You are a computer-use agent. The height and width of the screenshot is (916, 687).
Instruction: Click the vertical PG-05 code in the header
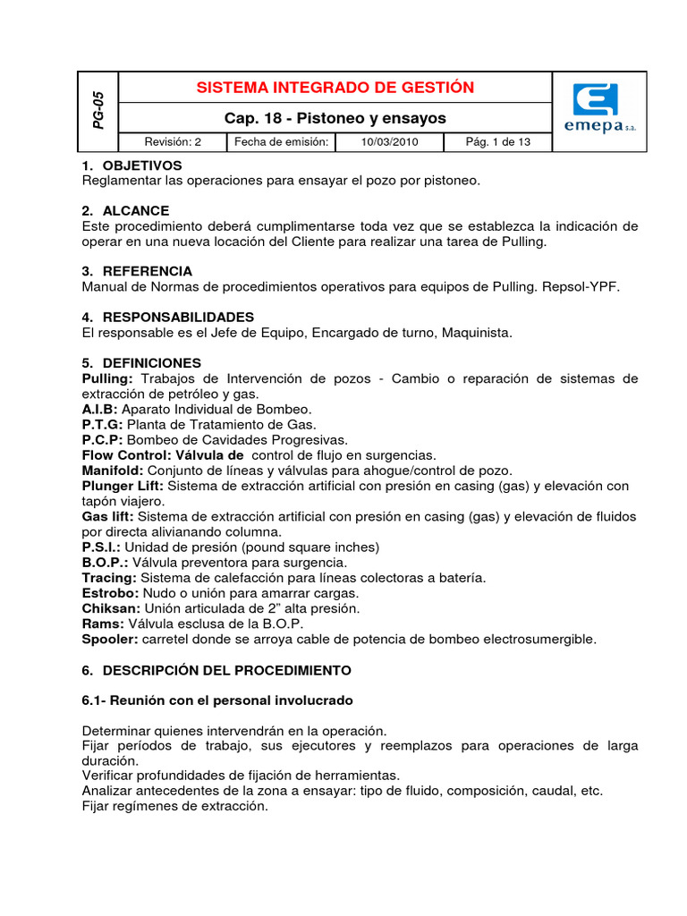99,110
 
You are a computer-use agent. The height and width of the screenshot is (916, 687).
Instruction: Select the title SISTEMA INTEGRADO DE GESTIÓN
335,88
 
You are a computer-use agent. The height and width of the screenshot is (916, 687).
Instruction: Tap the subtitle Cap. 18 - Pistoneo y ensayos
335,118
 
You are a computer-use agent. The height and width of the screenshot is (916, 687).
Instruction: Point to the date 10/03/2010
388,142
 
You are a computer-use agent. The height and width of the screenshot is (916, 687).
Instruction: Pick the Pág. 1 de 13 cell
498,142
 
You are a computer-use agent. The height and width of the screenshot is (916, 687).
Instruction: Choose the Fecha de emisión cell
282,142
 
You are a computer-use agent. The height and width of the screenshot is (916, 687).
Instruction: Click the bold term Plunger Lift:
123,486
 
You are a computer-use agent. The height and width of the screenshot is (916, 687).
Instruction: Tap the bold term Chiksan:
111,608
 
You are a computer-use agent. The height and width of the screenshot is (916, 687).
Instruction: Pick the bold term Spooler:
110,639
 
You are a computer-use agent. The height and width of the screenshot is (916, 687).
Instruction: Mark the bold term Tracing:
108,578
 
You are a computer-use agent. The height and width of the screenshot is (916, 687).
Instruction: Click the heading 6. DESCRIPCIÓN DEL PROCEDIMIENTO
216,670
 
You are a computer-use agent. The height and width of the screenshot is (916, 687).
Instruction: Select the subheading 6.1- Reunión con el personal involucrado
217,700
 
